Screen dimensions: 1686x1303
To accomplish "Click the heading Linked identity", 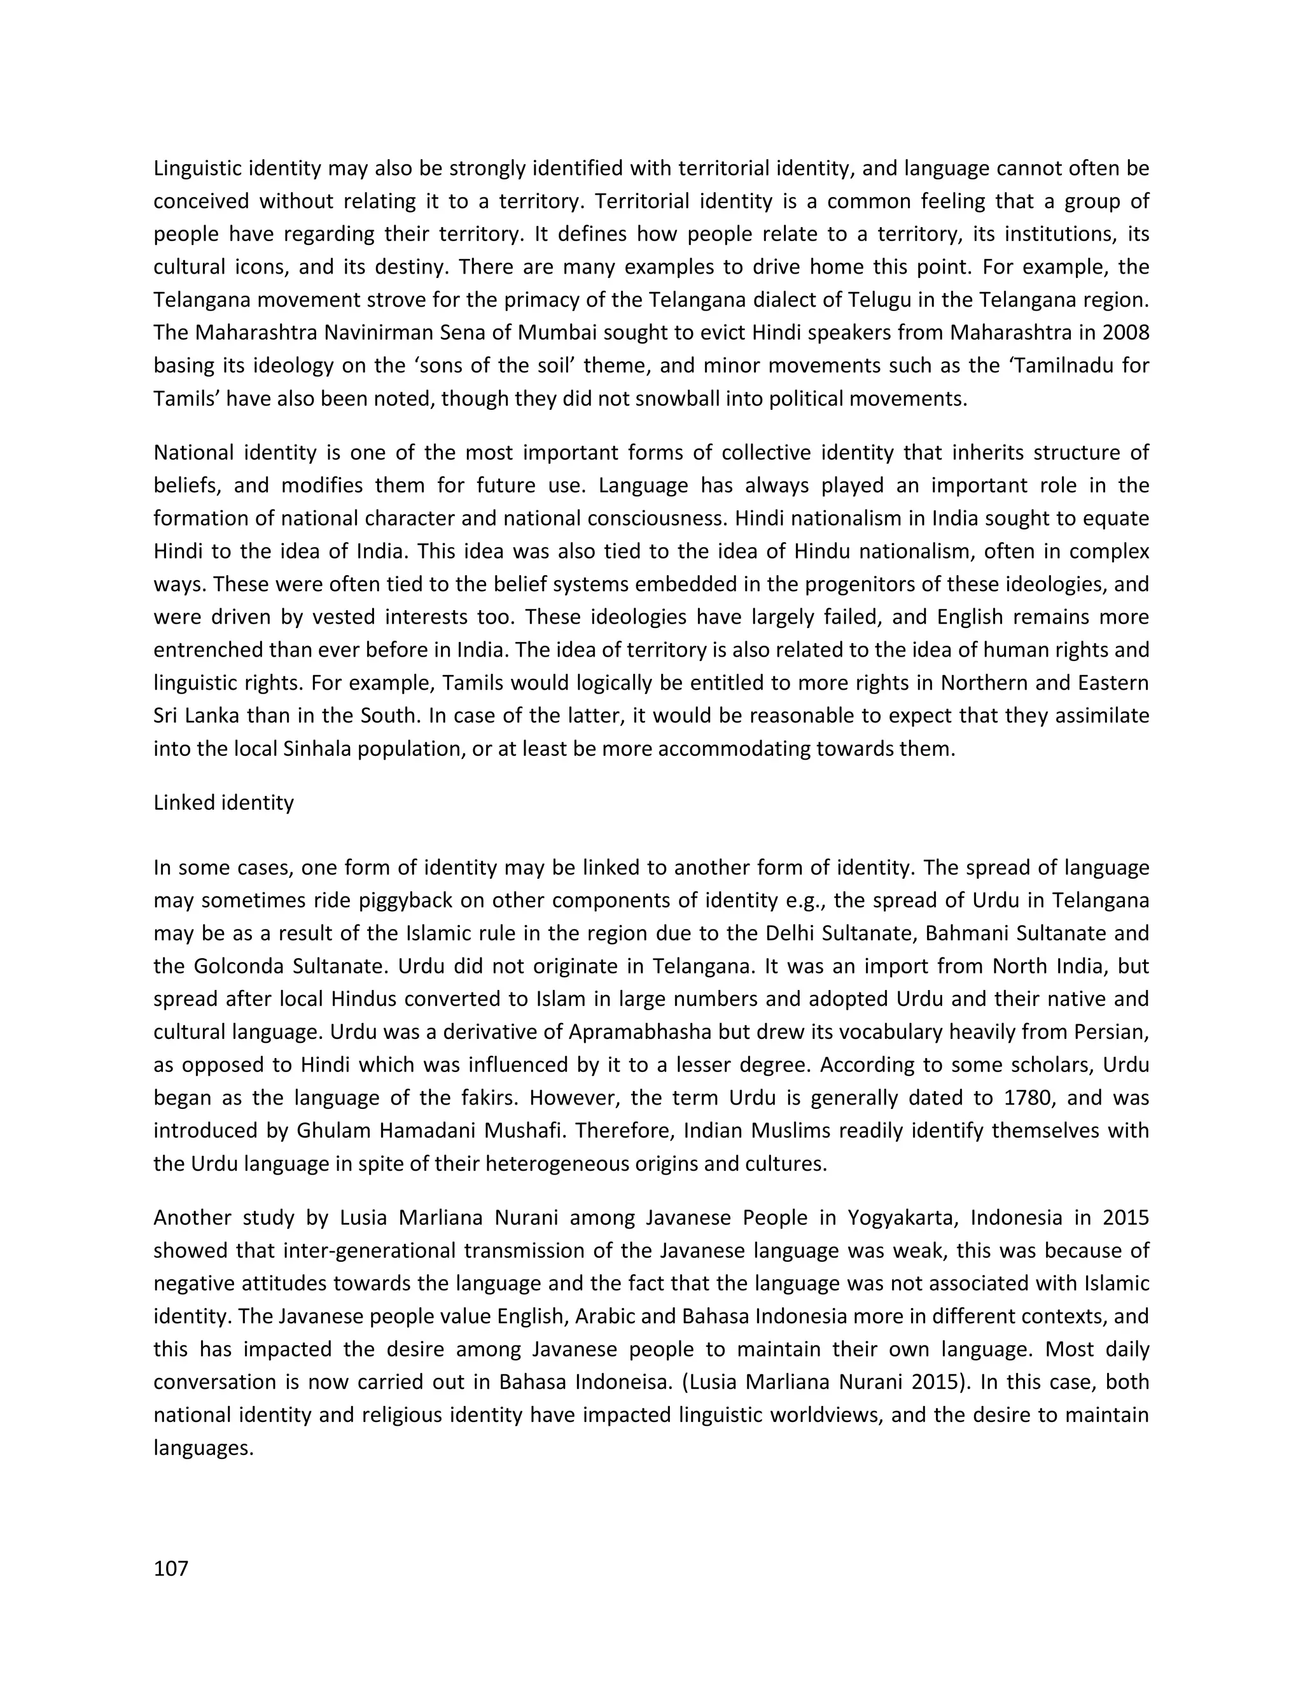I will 223,803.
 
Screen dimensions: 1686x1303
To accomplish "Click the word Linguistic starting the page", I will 199,169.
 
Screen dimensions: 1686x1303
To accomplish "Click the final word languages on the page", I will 203,1447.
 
